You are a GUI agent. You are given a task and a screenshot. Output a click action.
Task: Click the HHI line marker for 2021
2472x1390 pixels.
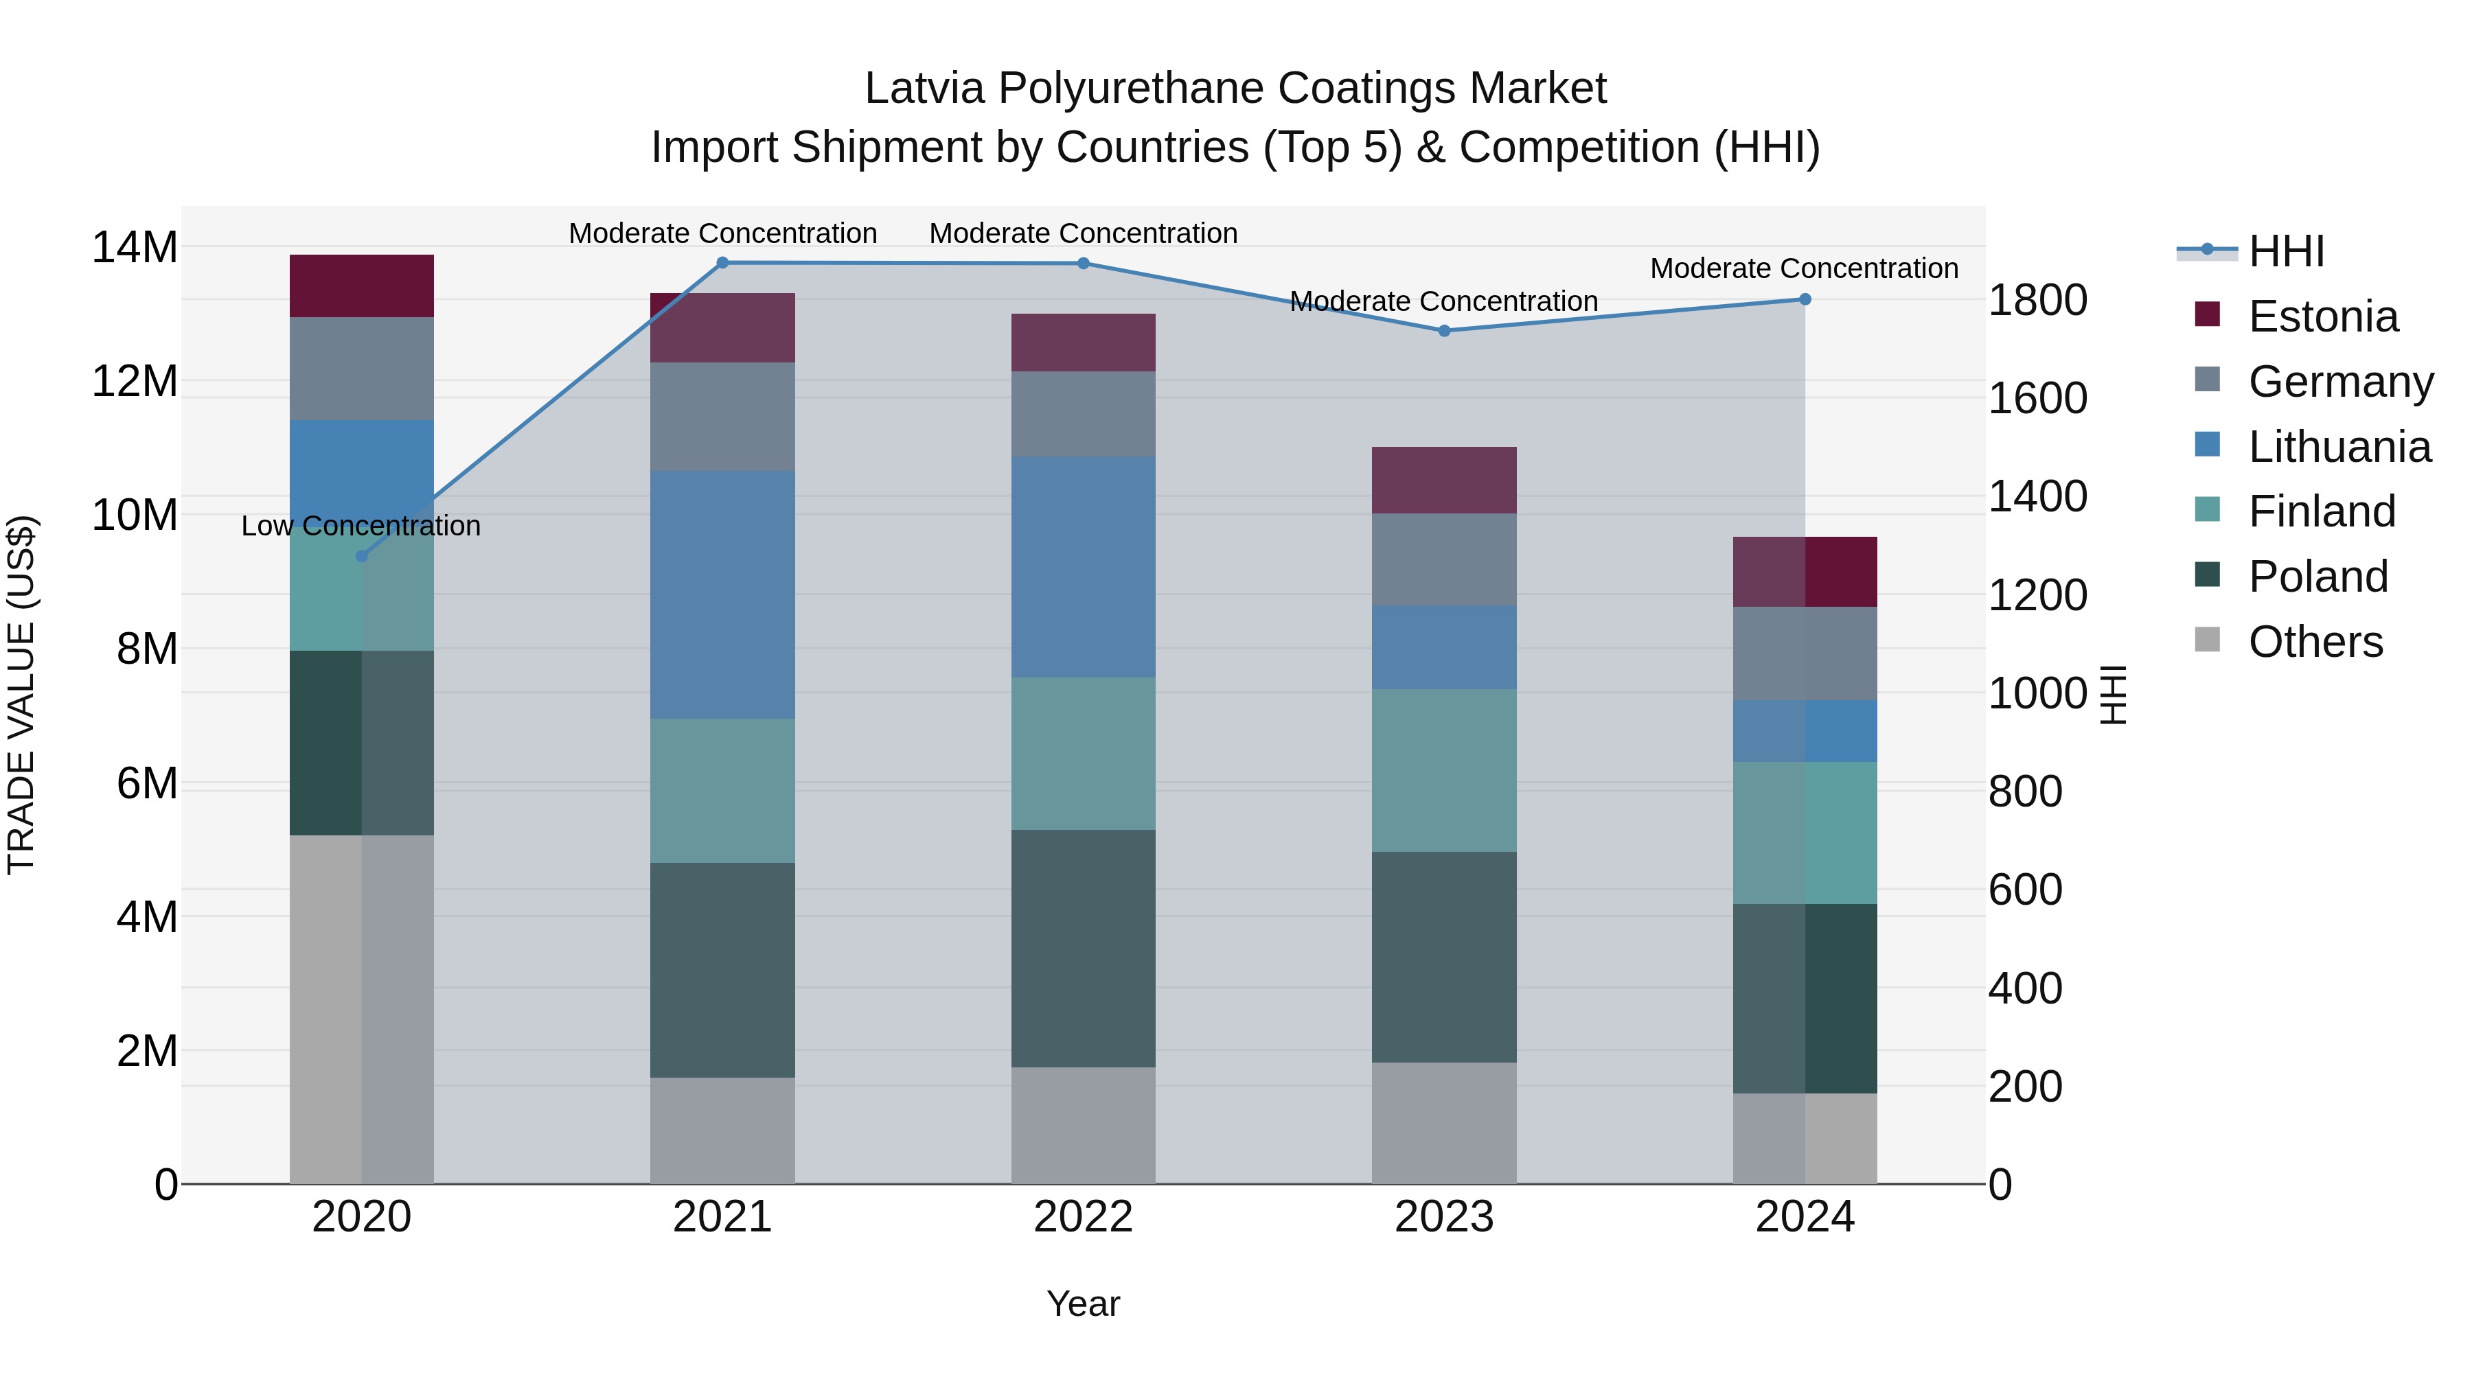[x=722, y=263]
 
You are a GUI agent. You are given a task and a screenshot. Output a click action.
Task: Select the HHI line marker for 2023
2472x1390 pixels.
[x=1444, y=331]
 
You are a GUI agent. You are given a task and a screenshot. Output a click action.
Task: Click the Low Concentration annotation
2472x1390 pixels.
[x=360, y=526]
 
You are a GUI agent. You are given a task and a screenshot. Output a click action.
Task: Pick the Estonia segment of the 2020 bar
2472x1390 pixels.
[x=362, y=286]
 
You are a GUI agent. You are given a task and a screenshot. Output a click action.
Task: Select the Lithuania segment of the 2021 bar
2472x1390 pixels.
[x=722, y=594]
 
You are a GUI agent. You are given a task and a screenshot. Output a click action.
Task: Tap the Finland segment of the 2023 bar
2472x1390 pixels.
[x=1444, y=770]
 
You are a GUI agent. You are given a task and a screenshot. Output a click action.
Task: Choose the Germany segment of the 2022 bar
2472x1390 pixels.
[x=1084, y=415]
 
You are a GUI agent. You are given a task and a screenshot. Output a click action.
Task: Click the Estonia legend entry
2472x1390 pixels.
[x=2322, y=316]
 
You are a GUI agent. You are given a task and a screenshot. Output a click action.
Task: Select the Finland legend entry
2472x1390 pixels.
[x=2322, y=511]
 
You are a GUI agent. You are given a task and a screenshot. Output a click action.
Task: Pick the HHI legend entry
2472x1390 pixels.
[x=2286, y=251]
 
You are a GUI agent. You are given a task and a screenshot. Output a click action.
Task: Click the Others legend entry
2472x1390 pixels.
[x=2315, y=642]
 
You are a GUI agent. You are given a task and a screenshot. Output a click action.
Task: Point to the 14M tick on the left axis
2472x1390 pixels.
[x=135, y=248]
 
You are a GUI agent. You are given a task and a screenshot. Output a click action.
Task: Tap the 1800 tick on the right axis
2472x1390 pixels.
[x=2037, y=300]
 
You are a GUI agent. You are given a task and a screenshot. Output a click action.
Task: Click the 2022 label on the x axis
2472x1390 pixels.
[x=1084, y=1217]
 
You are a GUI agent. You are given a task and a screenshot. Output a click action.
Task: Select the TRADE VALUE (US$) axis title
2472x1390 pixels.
[x=21, y=695]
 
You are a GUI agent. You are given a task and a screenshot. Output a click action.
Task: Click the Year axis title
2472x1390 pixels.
[x=1084, y=1304]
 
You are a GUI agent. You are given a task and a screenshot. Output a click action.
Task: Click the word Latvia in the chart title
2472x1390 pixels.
[x=924, y=89]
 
